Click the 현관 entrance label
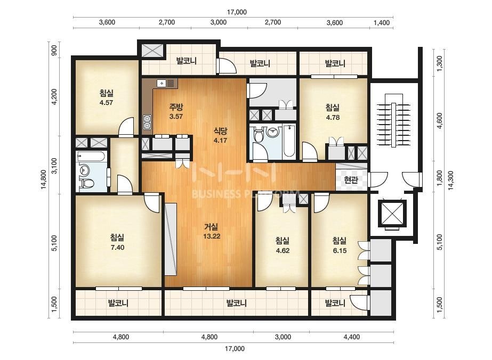[351, 181]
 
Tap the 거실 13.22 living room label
[212, 232]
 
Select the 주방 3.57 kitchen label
[176, 112]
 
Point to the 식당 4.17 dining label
[220, 135]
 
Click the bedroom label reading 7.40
[117, 242]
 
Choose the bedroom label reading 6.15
[340, 246]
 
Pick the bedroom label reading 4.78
[333, 112]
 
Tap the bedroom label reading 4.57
[107, 97]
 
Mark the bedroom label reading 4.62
[283, 246]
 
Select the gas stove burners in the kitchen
[147, 122]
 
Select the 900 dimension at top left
[54, 50]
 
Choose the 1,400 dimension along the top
[382, 22]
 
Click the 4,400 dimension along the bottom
[352, 337]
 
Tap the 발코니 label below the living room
[236, 303]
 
